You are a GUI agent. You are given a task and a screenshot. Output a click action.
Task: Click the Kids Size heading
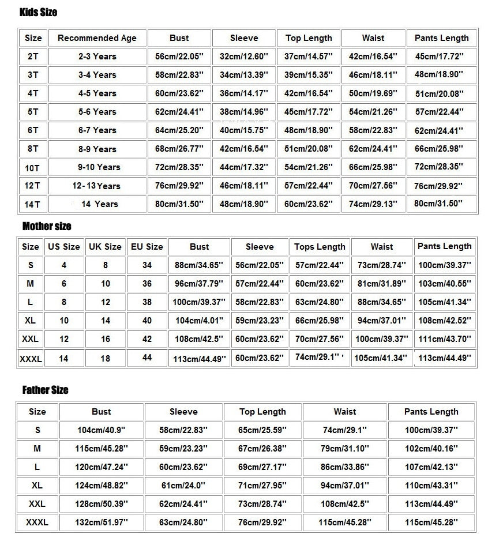point(38,12)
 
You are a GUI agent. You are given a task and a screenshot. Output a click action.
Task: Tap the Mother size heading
point(47,226)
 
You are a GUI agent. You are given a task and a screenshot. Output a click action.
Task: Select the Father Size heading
point(45,390)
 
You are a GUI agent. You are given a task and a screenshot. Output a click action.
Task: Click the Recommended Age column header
point(97,38)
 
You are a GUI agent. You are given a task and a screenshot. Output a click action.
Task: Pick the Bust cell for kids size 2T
point(179,57)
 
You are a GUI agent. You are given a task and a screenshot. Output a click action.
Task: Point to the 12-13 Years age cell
point(96,186)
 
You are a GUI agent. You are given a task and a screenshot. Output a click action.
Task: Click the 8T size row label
point(33,149)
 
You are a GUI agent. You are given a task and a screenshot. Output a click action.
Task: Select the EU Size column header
point(147,246)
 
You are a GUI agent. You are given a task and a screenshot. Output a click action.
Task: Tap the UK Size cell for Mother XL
point(105,321)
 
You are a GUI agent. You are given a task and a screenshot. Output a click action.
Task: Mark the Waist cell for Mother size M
point(381,284)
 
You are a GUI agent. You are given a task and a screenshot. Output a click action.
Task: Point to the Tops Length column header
point(320,247)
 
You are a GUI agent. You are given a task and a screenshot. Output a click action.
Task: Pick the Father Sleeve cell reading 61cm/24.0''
point(183,486)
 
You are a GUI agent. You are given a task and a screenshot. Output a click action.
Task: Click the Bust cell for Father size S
point(101,430)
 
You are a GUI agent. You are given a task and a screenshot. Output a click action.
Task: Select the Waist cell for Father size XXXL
point(344,522)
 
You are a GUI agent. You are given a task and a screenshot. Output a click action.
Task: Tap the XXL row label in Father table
point(37,504)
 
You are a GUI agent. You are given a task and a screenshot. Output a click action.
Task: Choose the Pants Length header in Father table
point(431,412)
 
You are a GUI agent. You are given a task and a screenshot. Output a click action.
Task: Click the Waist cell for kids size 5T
point(373,112)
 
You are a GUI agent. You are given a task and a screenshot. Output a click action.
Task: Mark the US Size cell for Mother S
point(63,265)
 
